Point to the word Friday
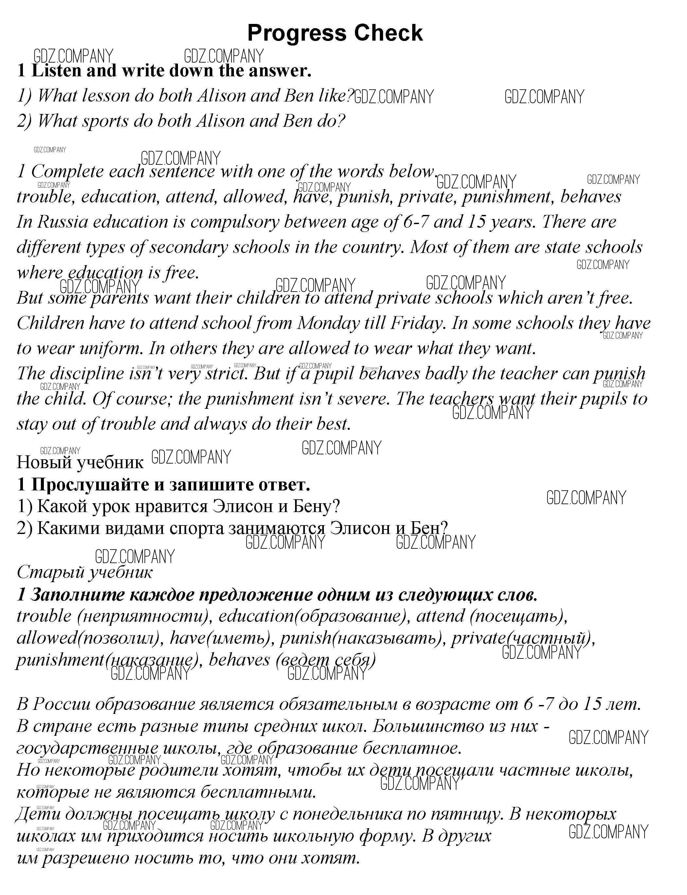(416, 323)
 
